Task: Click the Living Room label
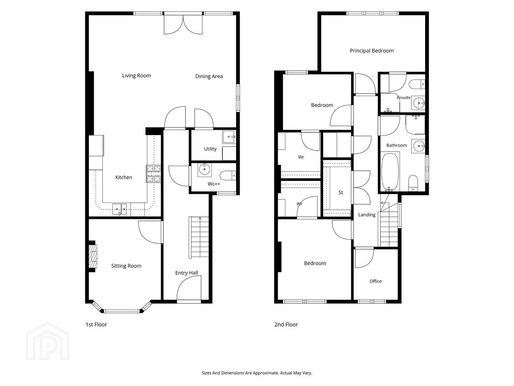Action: [136, 75]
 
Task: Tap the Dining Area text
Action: [209, 76]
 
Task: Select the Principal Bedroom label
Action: [372, 51]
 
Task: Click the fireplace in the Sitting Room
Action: [93, 256]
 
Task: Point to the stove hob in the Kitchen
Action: [153, 174]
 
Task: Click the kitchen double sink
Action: [120, 209]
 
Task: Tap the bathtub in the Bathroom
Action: [390, 172]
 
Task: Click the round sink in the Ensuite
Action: [418, 103]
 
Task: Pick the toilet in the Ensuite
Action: [417, 84]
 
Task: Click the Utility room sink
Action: [229, 137]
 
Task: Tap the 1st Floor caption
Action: [96, 325]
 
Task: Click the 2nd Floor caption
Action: [286, 325]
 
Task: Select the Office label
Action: [376, 281]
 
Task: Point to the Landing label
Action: [367, 215]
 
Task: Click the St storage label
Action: [341, 192]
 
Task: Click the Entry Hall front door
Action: [189, 289]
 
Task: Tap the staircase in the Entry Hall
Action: [199, 237]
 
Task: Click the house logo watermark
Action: [48, 341]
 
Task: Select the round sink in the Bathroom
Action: [418, 146]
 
